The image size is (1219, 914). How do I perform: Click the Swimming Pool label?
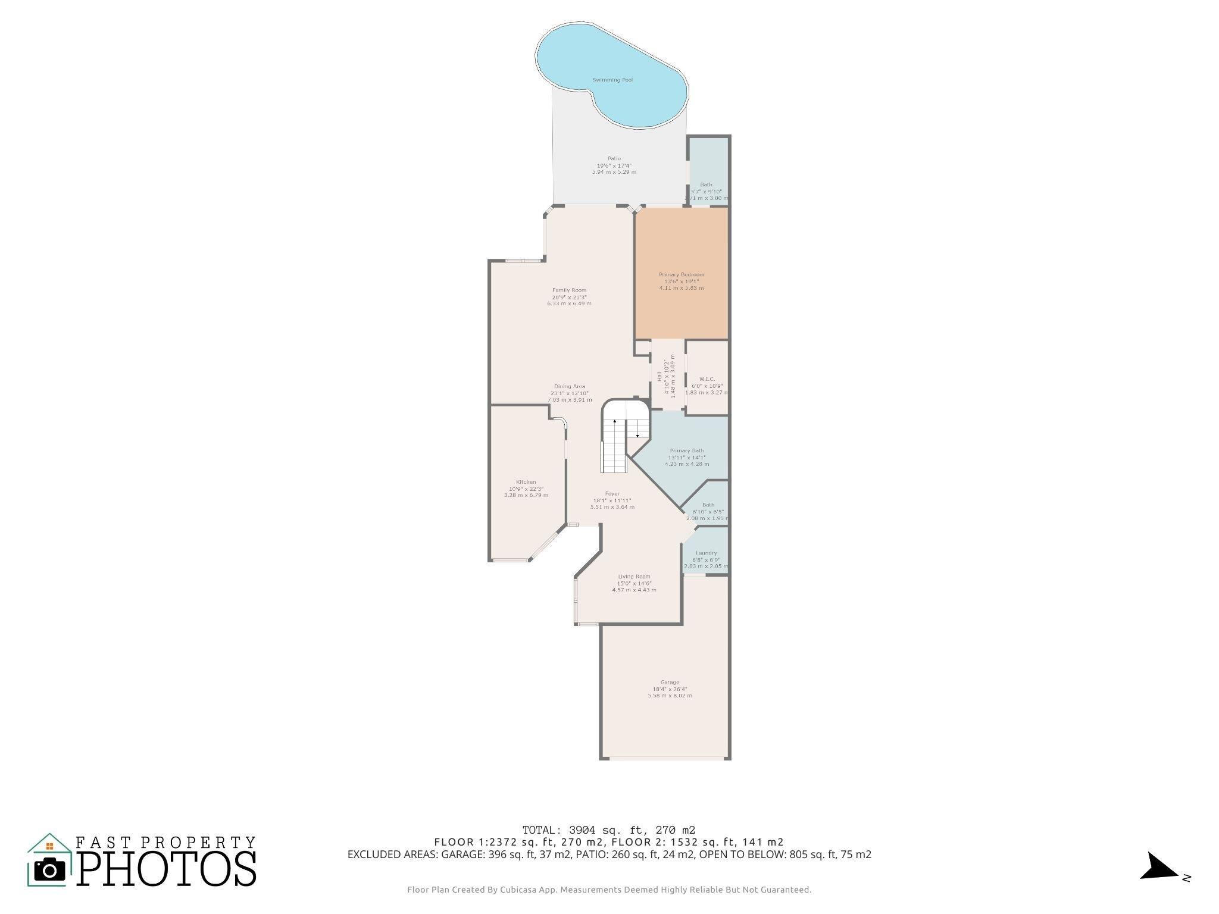coord(612,80)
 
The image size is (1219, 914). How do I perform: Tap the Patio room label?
coord(614,158)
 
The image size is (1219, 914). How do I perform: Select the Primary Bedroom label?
coord(681,274)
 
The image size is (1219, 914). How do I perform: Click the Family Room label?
coord(569,290)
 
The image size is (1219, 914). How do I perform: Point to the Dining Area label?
coord(569,386)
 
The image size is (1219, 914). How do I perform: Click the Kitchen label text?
coord(526,482)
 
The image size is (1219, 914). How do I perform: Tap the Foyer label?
coord(612,493)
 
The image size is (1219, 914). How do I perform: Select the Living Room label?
coord(634,576)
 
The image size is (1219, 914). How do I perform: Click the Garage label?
coord(669,683)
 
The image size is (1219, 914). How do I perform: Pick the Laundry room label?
coord(706,553)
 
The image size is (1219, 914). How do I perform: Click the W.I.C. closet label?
coord(707,379)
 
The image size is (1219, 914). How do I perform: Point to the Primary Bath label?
coord(686,450)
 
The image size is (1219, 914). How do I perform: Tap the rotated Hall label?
coord(659,376)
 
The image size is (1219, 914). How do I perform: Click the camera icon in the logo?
coord(49,870)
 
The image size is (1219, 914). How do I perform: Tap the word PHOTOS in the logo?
coord(167,869)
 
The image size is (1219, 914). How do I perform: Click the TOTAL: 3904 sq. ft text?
coord(608,830)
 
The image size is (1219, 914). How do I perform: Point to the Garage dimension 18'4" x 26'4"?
coord(669,689)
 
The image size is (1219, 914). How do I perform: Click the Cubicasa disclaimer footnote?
coord(609,890)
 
